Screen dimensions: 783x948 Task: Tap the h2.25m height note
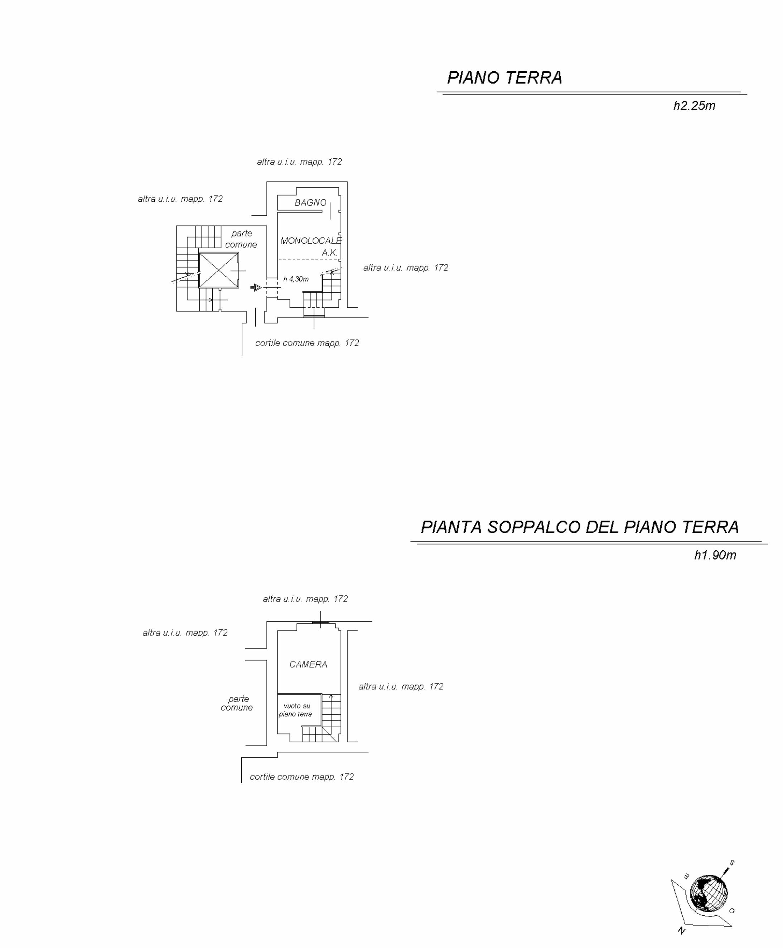(694, 106)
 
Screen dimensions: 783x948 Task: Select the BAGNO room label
(310, 203)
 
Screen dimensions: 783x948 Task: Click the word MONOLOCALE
(311, 241)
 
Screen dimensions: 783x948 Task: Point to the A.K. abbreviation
(330, 253)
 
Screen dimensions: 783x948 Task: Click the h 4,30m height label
(296, 279)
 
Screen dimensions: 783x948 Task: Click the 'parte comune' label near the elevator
(241, 239)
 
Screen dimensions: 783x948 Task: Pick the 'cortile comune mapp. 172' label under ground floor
(307, 343)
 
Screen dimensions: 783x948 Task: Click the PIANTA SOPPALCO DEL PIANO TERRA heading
(580, 527)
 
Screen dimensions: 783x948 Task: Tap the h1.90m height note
(715, 555)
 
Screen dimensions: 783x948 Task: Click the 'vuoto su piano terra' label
(295, 710)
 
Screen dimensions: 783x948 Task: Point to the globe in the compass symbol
(709, 894)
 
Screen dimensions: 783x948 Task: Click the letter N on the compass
(682, 931)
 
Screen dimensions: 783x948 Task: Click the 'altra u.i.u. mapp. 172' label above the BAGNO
(300, 162)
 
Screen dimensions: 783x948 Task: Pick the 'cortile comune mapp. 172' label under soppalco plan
(302, 777)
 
